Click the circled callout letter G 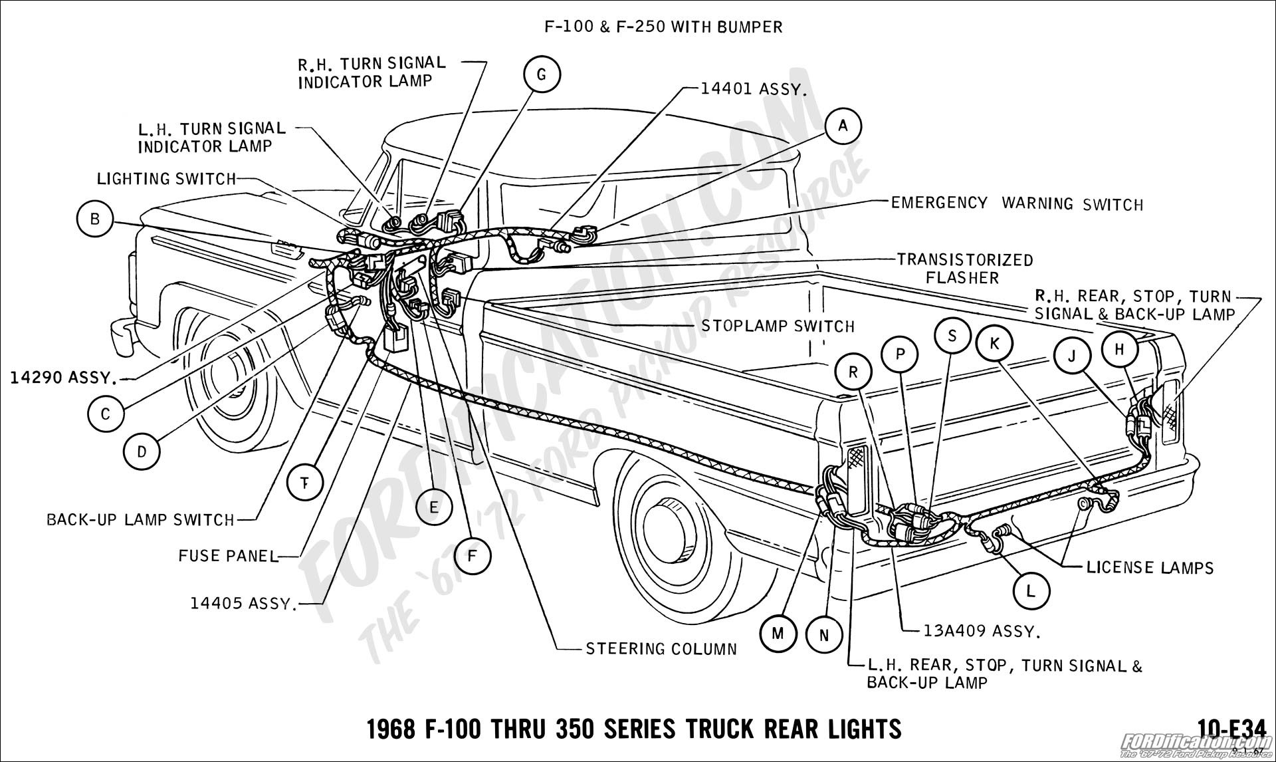[541, 75]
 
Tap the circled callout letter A [843, 126]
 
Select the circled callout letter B [95, 219]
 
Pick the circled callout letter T [305, 482]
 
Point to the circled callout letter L [1030, 591]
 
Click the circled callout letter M [778, 634]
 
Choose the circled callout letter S [952, 336]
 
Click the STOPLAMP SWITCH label [778, 326]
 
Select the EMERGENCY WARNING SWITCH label [1017, 203]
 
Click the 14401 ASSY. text [753, 88]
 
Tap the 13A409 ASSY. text [981, 631]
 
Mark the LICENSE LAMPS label [1150, 567]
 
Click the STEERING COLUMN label [661, 648]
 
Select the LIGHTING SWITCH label [166, 179]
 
